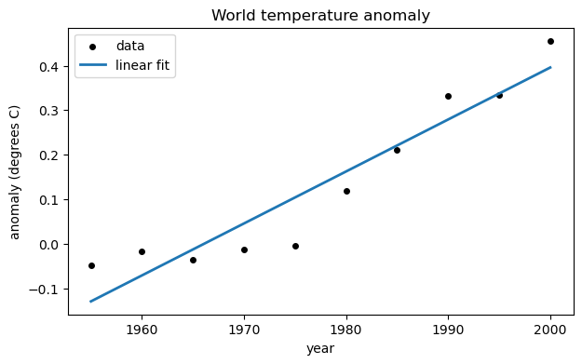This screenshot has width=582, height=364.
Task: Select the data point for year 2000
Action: tap(550, 41)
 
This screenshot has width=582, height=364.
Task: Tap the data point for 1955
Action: tap(91, 265)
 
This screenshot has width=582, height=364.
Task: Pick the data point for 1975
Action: tap(295, 246)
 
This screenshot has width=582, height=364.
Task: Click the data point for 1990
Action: tap(448, 96)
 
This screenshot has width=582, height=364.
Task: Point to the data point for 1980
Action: tap(346, 191)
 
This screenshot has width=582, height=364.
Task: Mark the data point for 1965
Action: tap(193, 260)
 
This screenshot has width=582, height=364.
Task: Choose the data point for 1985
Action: tap(397, 150)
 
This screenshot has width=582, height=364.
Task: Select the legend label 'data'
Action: tap(130, 46)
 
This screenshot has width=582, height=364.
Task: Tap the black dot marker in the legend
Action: tap(94, 46)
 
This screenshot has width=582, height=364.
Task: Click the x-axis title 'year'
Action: tap(320, 349)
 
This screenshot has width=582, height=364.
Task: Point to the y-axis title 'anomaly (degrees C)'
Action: tap(15, 173)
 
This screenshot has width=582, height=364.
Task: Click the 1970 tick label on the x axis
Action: tap(244, 328)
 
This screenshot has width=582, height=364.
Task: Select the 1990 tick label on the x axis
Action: tap(448, 328)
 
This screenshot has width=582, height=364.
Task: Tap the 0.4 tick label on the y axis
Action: tap(49, 67)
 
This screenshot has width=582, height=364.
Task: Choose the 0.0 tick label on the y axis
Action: tap(49, 245)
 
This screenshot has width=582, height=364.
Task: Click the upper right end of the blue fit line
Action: tap(550, 67)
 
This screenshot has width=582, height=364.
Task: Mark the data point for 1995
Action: tap(499, 95)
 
